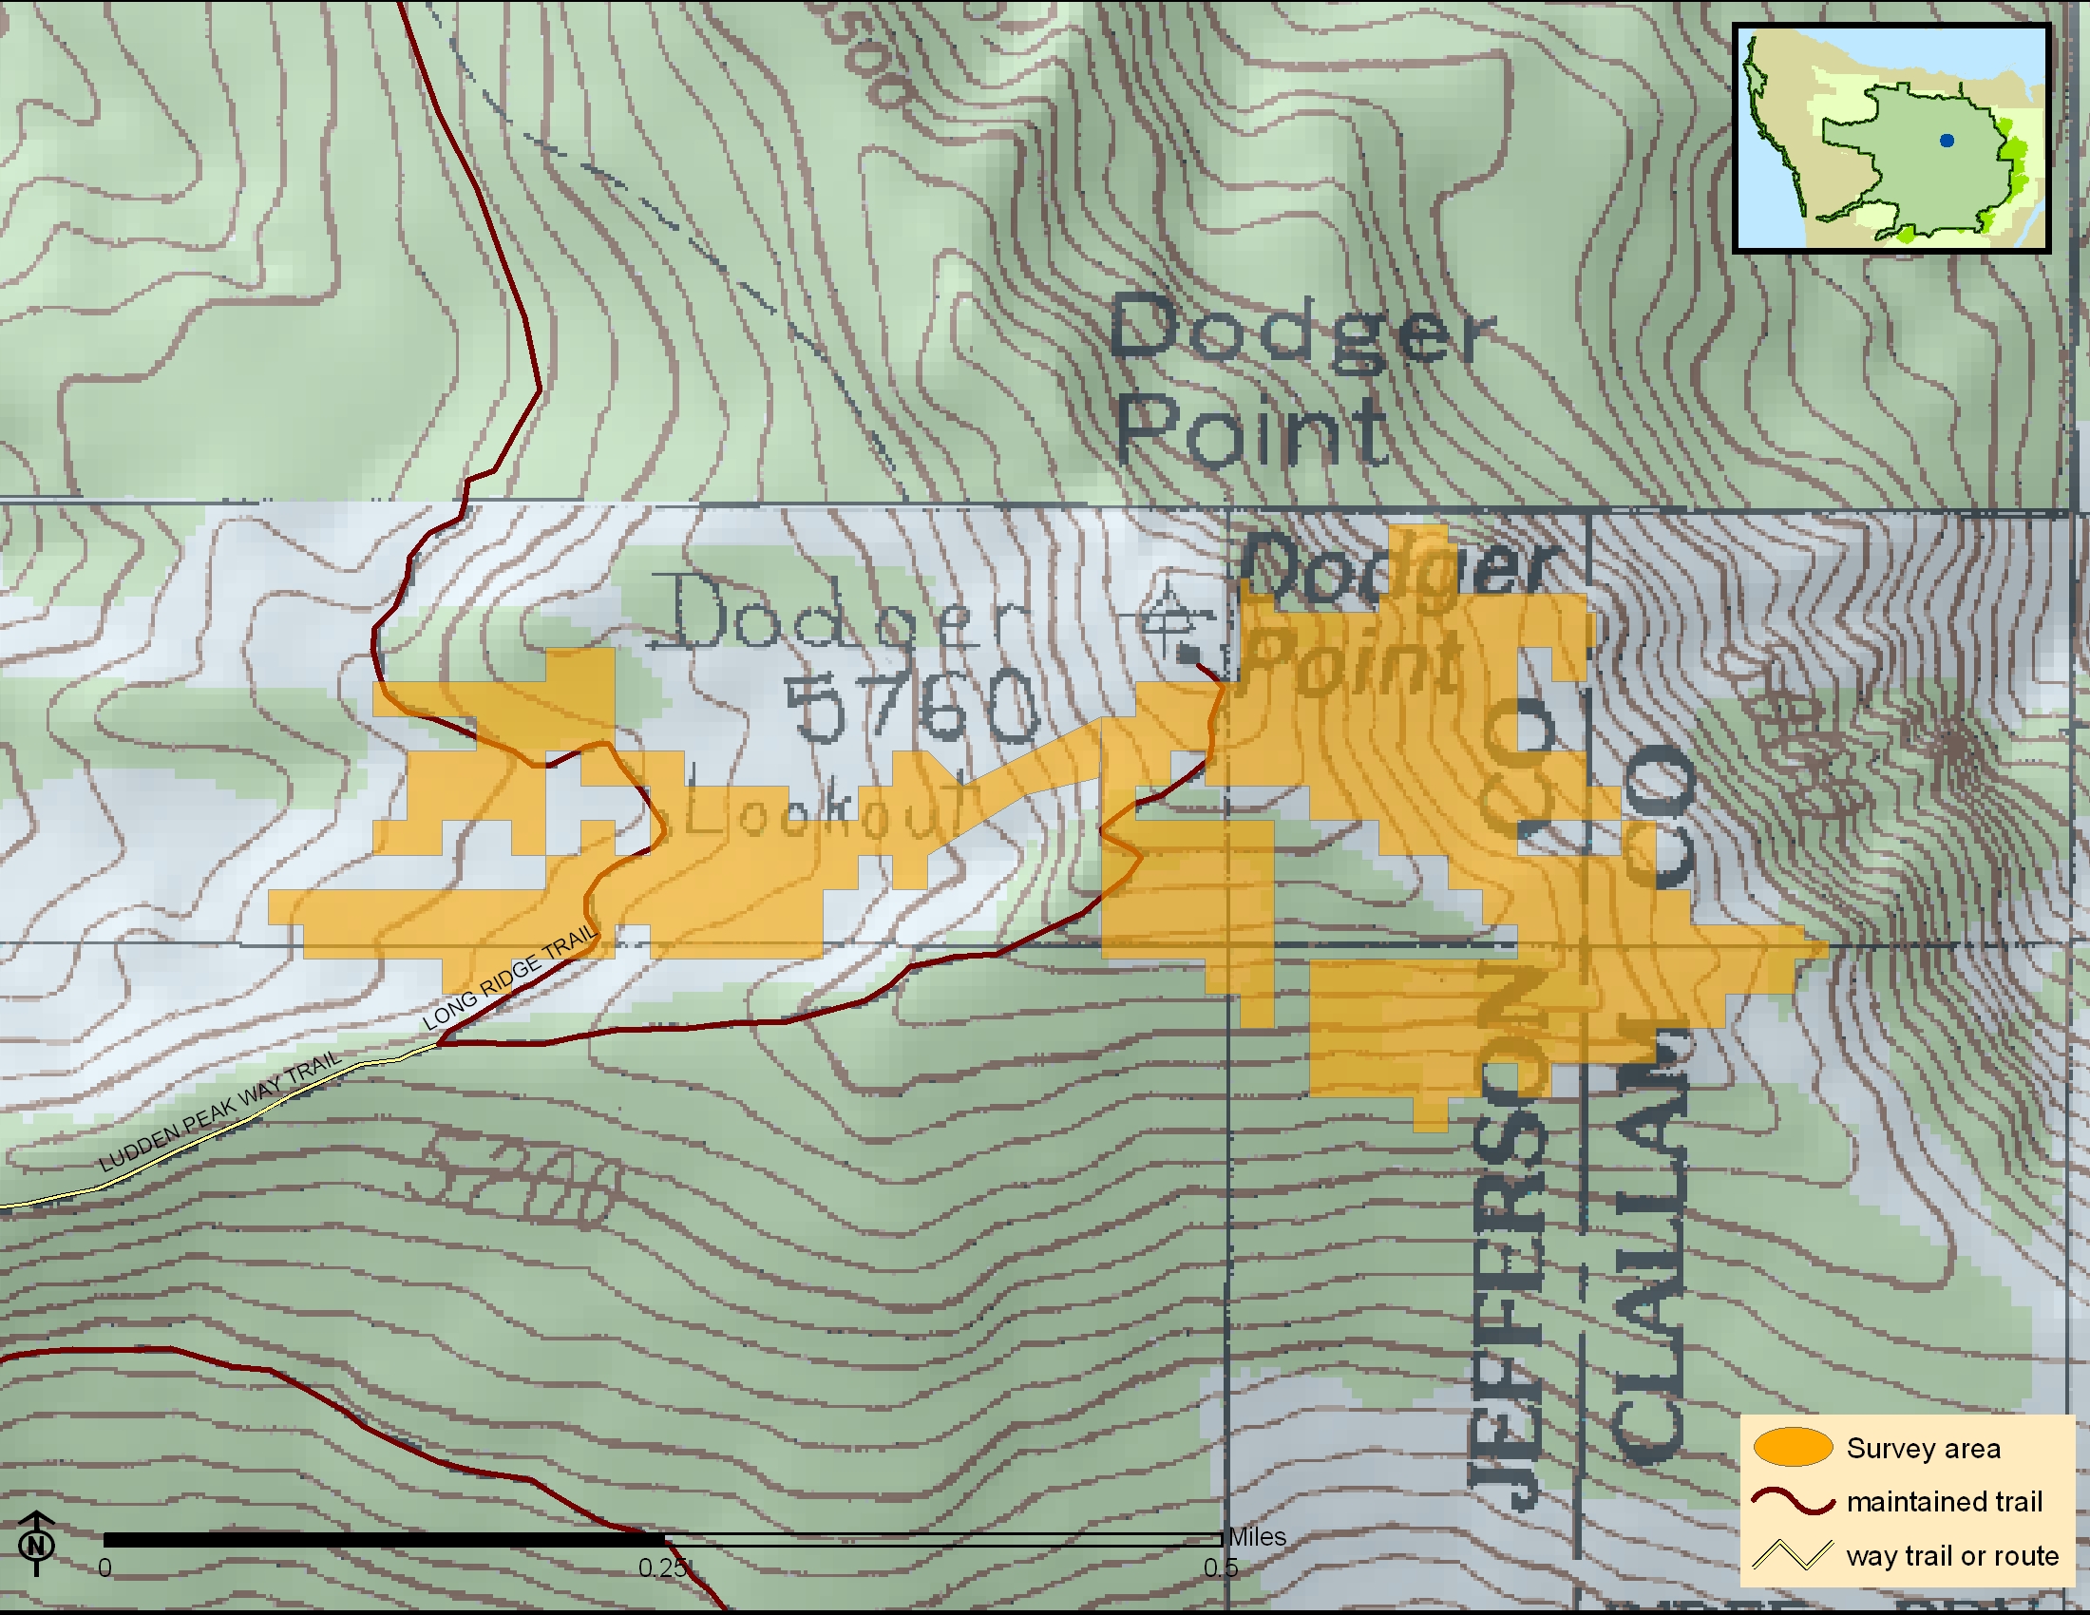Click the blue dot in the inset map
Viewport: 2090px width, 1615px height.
click(x=1947, y=141)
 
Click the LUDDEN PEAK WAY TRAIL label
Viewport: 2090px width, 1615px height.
click(x=220, y=1111)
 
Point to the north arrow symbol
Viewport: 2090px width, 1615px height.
click(x=36, y=1542)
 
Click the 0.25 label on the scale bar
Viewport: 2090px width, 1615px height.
click(x=662, y=1568)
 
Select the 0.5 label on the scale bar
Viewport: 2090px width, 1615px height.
click(x=1220, y=1568)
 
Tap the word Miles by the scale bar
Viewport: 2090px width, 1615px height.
click(x=1257, y=1536)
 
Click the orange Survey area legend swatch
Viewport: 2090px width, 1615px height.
click(x=1793, y=1448)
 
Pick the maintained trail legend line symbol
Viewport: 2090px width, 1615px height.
click(x=1793, y=1501)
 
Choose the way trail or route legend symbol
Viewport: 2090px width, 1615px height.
click(x=1793, y=1555)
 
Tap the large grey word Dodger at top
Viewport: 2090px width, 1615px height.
click(x=1301, y=330)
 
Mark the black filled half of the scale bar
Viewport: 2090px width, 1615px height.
click(x=383, y=1539)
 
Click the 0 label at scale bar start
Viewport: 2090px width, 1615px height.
click(x=104, y=1568)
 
